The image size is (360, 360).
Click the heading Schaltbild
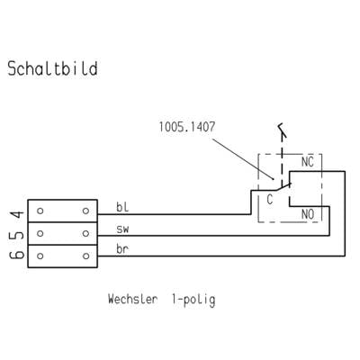pos(52,68)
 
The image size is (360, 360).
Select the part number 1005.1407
pos(187,127)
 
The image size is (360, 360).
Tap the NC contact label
pos(308,162)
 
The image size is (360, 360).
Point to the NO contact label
pos(308,214)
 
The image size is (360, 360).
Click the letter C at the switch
pos(270,200)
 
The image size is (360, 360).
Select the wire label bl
pos(122,207)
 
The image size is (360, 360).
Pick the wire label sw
pos(122,229)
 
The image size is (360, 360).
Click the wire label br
pos(122,249)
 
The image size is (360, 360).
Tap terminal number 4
pos(17,214)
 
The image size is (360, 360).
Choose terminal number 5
pos(17,234)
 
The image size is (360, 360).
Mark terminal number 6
pos(17,255)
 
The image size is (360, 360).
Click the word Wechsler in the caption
pos(132,299)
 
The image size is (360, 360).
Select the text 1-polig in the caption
pos(193,301)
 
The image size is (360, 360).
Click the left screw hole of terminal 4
pos(40,211)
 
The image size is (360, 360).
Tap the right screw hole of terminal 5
pos(85,233)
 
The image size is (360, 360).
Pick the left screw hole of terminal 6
pos(40,256)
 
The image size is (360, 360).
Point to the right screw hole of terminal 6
pos(85,256)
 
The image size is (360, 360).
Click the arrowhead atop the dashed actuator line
pos(282,130)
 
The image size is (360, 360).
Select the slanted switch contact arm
pos(283,187)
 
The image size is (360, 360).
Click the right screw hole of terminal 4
pos(85,211)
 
